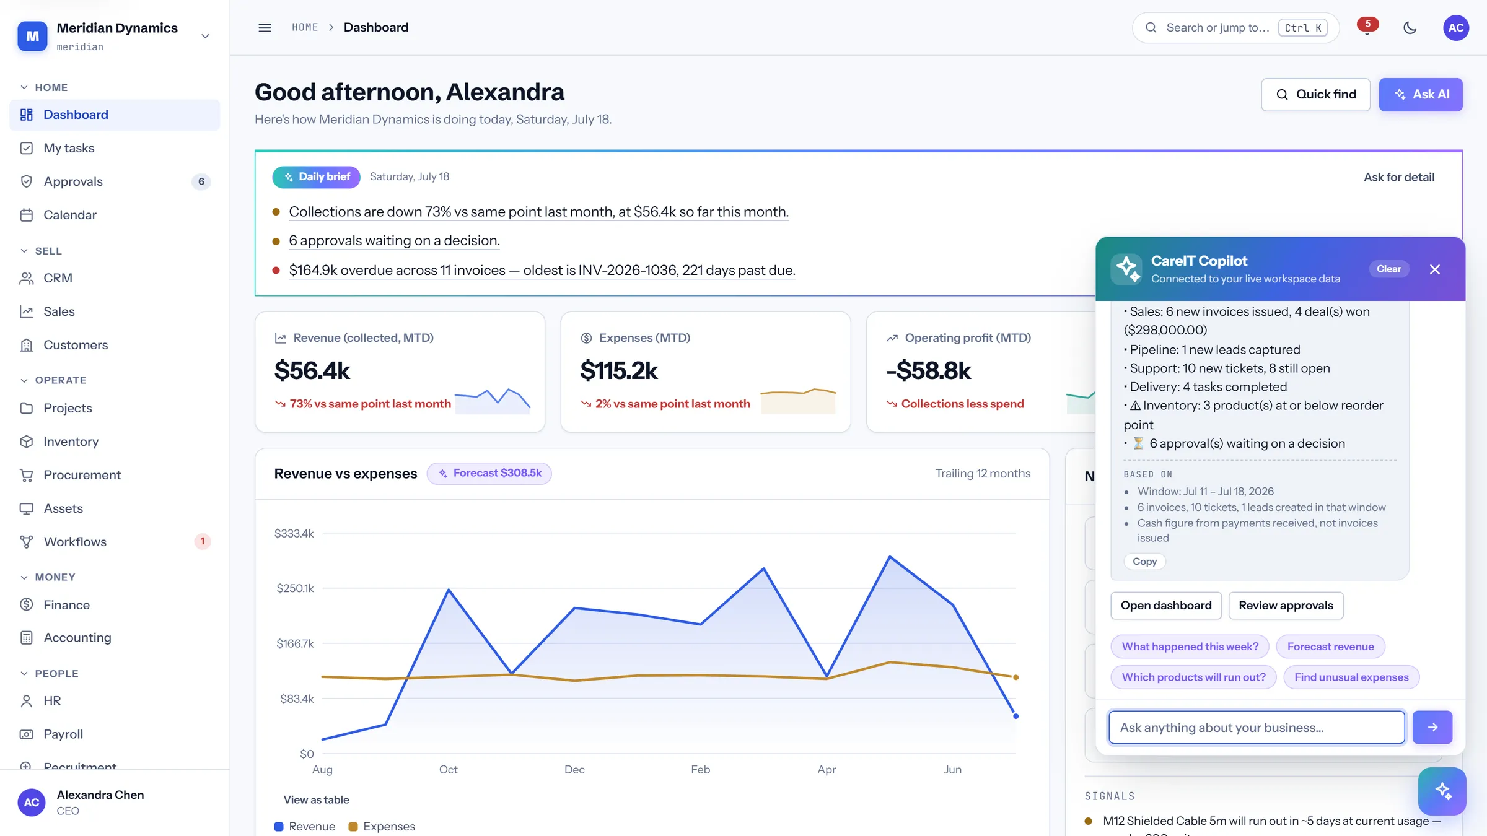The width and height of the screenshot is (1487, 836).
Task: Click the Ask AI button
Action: click(x=1420, y=94)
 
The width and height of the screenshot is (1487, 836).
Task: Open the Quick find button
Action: click(x=1315, y=94)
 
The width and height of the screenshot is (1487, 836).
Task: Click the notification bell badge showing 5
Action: click(x=1367, y=24)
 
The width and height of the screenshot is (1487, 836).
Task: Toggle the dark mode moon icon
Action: click(x=1410, y=28)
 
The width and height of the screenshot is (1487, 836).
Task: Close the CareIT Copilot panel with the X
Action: click(x=1434, y=269)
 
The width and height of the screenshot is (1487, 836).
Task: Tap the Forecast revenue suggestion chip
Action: click(x=1330, y=647)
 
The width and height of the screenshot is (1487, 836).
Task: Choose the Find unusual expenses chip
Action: click(x=1351, y=677)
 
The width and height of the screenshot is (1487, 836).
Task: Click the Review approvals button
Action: click(x=1286, y=606)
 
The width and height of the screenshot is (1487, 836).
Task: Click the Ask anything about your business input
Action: click(x=1257, y=728)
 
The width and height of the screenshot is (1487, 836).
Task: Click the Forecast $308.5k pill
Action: click(x=489, y=473)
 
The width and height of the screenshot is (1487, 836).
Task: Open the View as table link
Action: click(x=316, y=800)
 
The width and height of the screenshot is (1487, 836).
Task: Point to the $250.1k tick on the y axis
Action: click(x=295, y=588)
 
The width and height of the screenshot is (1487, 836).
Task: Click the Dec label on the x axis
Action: click(x=574, y=770)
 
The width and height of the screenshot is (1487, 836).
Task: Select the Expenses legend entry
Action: click(x=382, y=827)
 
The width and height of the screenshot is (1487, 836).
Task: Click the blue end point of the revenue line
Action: click(x=1015, y=716)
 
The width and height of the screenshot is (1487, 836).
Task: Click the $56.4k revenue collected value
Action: click(x=312, y=371)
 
